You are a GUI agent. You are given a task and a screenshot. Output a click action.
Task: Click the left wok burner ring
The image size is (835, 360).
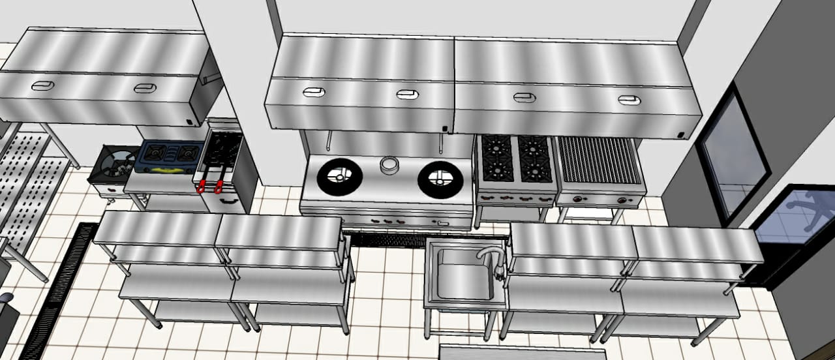[x=339, y=176]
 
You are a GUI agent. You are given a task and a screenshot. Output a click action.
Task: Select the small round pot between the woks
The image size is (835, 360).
[x=389, y=166]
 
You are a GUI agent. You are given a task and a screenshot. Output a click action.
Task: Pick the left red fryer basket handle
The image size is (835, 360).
[x=202, y=186]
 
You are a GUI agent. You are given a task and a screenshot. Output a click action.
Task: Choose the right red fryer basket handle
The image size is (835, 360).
[x=219, y=187]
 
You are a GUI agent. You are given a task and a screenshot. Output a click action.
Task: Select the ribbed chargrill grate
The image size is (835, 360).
[x=600, y=160]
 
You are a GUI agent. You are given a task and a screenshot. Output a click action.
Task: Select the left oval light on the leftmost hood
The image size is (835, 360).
[x=44, y=85]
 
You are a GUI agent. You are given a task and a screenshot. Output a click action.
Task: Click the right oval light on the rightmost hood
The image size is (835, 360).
[x=629, y=100]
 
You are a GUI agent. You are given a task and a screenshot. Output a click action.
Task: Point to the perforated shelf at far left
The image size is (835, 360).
[x=29, y=183]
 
